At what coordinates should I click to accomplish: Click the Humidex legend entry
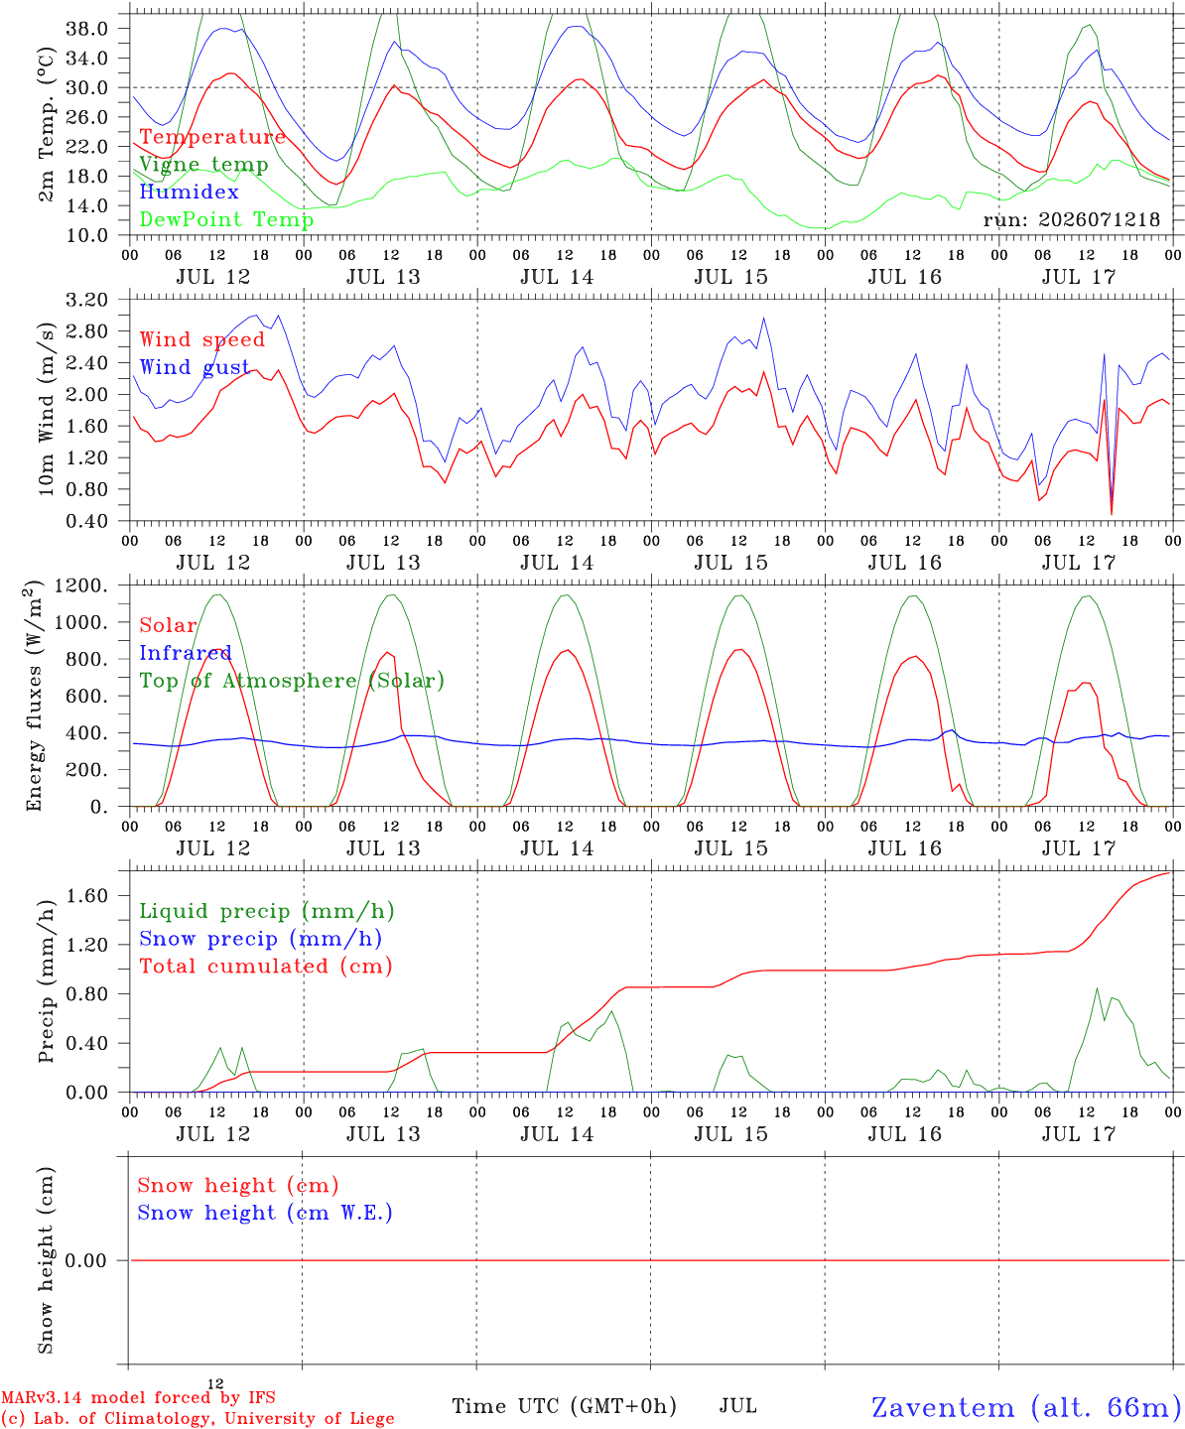coord(189,192)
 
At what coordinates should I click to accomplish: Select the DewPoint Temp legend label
coord(226,219)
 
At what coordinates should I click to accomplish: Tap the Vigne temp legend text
coord(204,165)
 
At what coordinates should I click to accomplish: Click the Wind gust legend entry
coord(195,367)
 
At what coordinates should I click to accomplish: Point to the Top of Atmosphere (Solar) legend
coord(293,681)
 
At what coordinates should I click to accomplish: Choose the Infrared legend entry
coord(186,653)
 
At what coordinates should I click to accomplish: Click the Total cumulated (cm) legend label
coord(266,966)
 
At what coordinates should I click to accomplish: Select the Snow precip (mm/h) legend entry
coord(260,939)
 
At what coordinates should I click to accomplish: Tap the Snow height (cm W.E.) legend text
coord(265,1212)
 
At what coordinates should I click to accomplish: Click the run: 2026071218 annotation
coord(1072,219)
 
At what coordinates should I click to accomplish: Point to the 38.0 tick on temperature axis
coord(87,29)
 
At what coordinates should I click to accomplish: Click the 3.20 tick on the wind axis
coord(87,300)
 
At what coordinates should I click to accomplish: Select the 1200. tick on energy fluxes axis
coord(81,585)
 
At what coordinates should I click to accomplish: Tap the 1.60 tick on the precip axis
coord(87,896)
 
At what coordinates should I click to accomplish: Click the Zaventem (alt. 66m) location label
coord(1021,1407)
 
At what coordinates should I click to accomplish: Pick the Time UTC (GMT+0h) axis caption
coord(564,1406)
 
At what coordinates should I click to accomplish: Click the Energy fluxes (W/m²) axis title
coord(34,696)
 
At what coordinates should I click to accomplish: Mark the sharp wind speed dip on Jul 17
coord(1112,513)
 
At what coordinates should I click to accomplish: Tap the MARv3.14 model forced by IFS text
coord(138,1397)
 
